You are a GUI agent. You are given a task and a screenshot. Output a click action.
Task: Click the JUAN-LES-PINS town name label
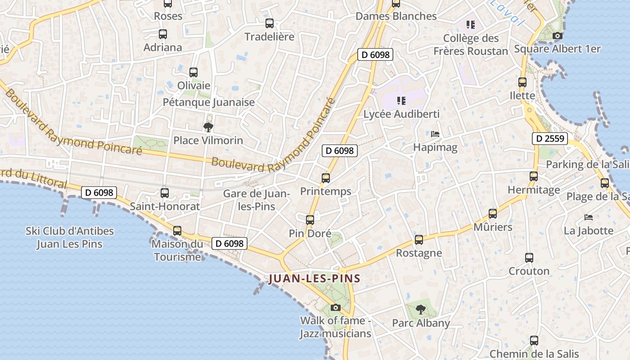point(315,279)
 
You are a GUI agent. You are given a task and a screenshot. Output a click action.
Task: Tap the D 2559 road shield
point(549,139)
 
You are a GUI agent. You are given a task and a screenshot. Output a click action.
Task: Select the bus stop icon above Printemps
point(326,178)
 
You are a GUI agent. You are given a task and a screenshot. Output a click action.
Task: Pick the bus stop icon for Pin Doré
point(310,220)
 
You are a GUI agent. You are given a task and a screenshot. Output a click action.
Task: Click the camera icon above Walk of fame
point(335,308)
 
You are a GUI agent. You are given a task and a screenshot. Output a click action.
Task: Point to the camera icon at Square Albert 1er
point(558,36)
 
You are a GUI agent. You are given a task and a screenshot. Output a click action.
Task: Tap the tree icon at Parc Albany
point(421,309)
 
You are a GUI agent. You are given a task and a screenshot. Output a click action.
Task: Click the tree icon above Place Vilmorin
point(208,127)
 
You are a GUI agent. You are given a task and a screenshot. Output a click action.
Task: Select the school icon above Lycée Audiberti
point(401,101)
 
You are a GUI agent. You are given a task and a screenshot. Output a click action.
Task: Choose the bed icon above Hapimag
point(435,134)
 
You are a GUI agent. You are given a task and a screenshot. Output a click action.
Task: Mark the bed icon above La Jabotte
point(589,217)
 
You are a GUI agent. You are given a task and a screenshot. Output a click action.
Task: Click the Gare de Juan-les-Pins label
point(256,200)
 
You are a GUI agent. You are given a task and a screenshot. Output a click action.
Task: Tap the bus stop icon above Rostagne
point(419,240)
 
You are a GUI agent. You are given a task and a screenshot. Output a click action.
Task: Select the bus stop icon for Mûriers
point(493,214)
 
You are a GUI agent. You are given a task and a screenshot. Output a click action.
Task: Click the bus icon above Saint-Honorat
point(165,193)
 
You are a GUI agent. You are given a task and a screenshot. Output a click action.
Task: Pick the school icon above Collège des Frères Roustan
point(471,24)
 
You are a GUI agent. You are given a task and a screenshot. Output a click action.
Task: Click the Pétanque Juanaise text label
point(209,102)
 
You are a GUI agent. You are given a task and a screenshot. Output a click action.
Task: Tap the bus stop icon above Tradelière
point(270,23)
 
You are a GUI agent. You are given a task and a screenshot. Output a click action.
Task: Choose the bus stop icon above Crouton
point(529,258)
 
